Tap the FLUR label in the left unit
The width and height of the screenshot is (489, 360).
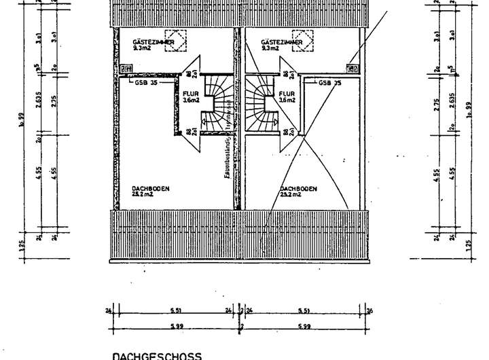point(191,94)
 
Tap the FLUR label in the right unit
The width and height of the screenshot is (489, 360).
point(287,94)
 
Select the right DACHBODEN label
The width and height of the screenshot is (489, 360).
point(296,188)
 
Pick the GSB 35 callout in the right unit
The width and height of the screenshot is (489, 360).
point(328,82)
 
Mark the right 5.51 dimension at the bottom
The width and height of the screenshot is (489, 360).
point(305,312)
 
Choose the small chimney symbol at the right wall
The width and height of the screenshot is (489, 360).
point(351,68)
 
